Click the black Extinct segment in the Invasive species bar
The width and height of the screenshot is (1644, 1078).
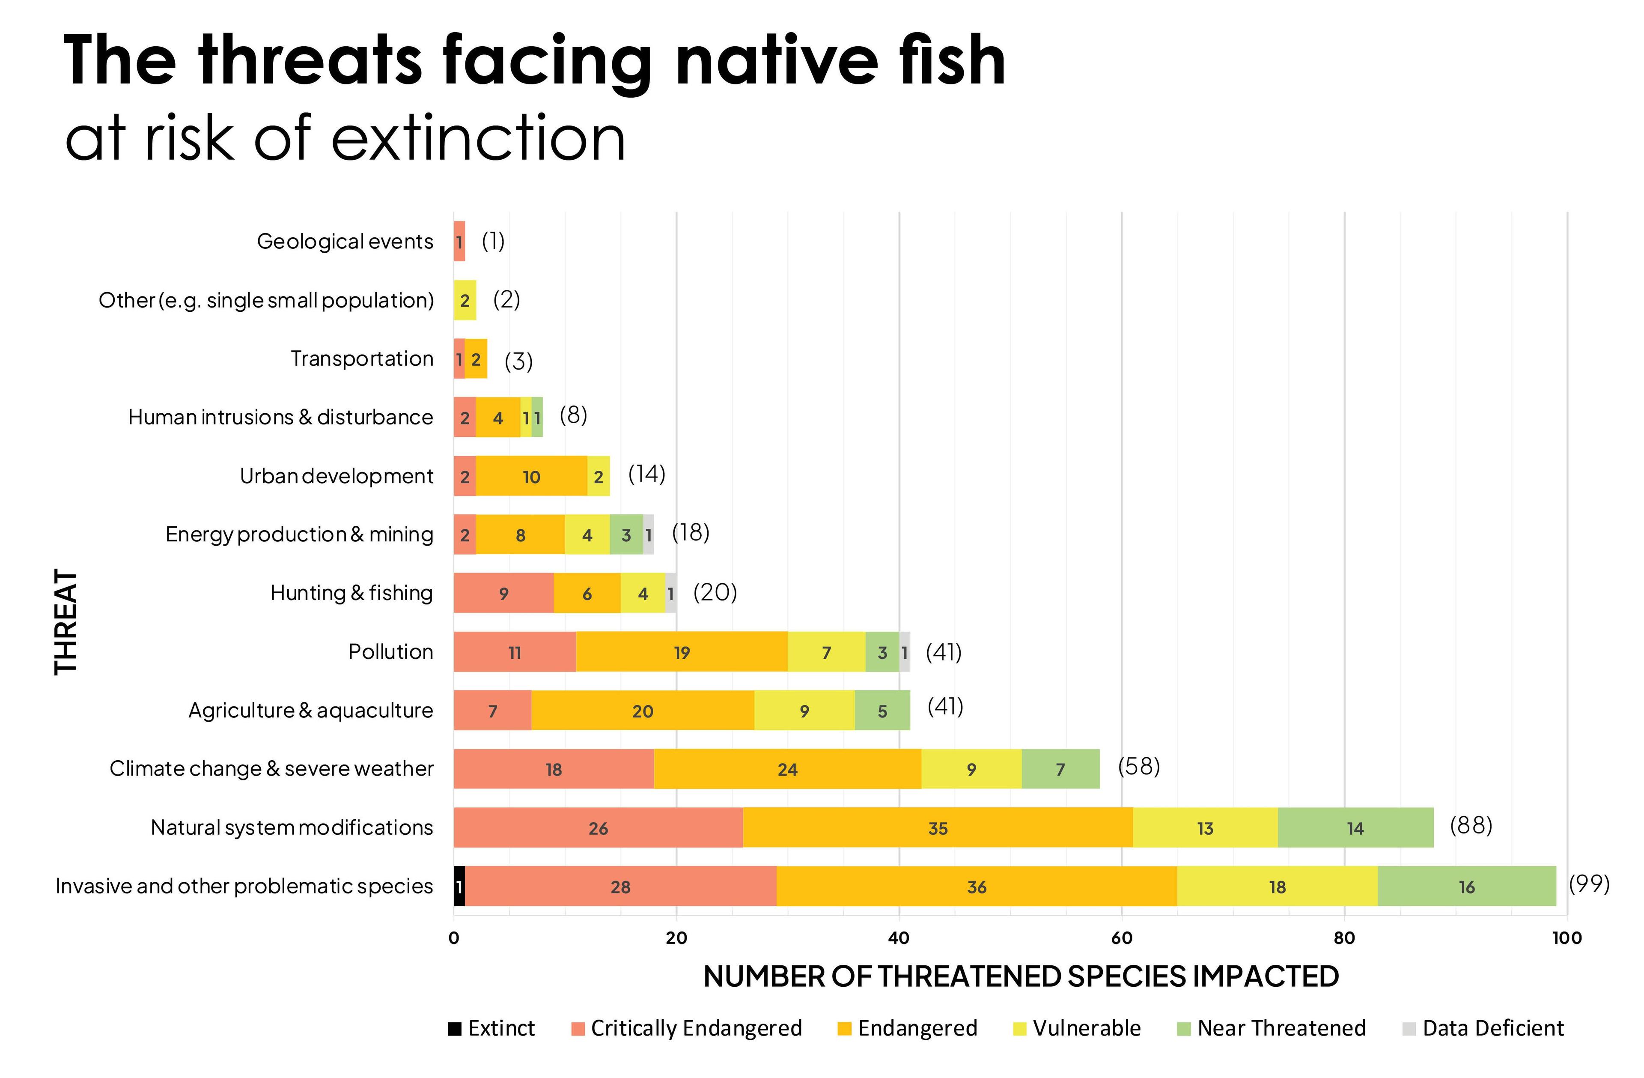tap(459, 886)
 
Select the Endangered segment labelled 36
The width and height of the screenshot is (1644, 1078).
tap(976, 886)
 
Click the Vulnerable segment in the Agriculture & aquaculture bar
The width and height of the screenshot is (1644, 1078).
tap(804, 711)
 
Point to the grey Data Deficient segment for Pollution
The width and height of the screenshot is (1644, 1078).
tap(904, 651)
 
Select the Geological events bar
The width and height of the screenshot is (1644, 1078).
tap(459, 241)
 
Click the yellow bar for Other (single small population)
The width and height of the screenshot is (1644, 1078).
tap(465, 300)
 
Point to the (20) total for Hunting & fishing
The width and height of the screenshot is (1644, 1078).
tap(715, 592)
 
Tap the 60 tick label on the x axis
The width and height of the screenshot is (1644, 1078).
tap(1121, 938)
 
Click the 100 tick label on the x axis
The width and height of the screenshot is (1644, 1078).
tap(1566, 938)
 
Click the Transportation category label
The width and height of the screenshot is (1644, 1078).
tap(362, 358)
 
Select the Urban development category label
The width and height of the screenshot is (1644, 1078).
tap(337, 476)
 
